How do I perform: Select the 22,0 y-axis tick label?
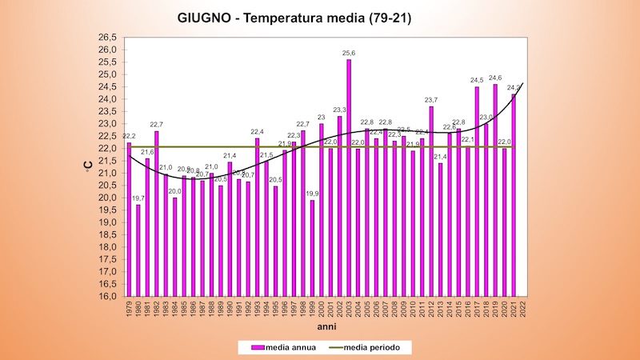(107, 148)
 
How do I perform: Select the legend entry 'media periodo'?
(382, 347)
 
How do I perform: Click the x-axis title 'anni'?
(326, 327)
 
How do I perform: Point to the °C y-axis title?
(88, 166)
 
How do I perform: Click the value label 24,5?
(477, 80)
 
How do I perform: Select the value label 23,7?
(430, 100)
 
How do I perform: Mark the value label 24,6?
(495, 78)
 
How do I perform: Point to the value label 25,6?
(349, 53)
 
